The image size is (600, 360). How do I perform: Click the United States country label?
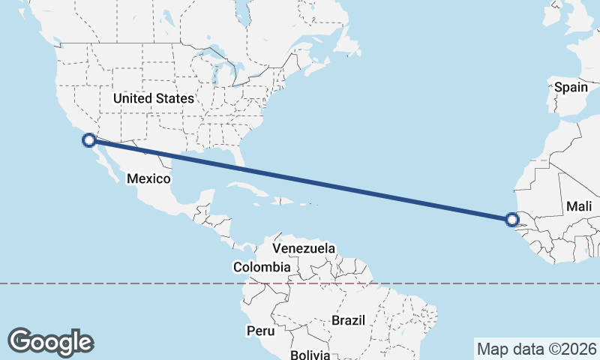click(154, 98)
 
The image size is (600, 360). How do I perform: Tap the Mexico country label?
click(148, 178)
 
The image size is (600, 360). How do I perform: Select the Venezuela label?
click(304, 248)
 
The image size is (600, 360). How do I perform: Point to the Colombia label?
click(262, 267)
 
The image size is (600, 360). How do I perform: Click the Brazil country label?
click(348, 320)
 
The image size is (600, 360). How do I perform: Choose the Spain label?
click(571, 87)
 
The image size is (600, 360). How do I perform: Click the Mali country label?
click(579, 206)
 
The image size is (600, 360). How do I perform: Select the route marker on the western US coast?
click(89, 139)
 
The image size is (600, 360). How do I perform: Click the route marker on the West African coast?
click(512, 220)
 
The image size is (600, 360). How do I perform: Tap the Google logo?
click(50, 341)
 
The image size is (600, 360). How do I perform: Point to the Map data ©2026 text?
click(537, 349)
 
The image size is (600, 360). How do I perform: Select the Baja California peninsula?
click(104, 162)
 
